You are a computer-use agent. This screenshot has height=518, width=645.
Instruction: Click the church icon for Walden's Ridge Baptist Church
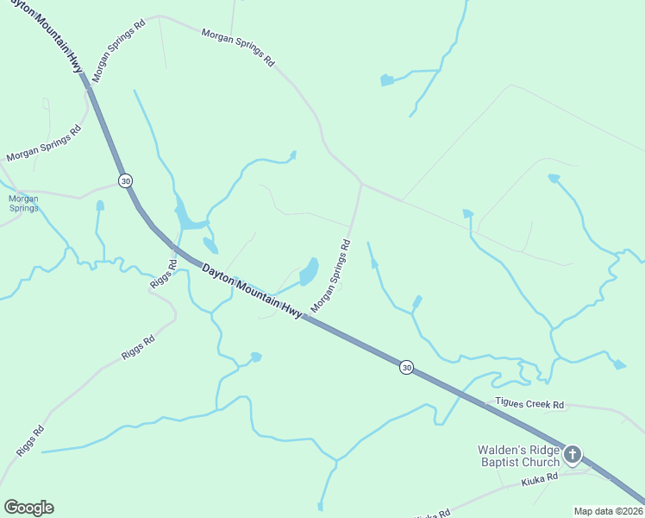coord(573,455)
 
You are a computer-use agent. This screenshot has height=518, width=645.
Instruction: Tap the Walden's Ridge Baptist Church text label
coord(519,456)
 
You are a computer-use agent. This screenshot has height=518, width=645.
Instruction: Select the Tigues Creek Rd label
coord(529,403)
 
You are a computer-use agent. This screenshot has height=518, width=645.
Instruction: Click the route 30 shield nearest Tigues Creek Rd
coord(406,368)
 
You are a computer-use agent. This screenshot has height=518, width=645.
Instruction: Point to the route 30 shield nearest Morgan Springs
coord(126,180)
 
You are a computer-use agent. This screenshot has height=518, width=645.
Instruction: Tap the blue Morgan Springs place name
coord(23,203)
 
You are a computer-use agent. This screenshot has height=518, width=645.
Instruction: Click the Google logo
coord(28,508)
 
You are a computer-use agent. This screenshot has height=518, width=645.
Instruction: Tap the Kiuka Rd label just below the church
coord(540,476)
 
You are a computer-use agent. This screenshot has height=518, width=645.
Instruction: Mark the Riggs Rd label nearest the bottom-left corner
coord(30,441)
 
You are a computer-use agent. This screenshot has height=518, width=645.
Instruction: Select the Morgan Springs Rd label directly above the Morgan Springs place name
coord(43,144)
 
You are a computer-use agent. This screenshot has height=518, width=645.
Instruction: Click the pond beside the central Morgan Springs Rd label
coord(308,272)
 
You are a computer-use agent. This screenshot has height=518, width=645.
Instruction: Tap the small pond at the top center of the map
coord(387,80)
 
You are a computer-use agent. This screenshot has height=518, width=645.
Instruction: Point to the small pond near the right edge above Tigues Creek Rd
coord(619,365)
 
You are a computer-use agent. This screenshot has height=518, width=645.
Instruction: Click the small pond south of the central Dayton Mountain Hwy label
coord(255,357)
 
